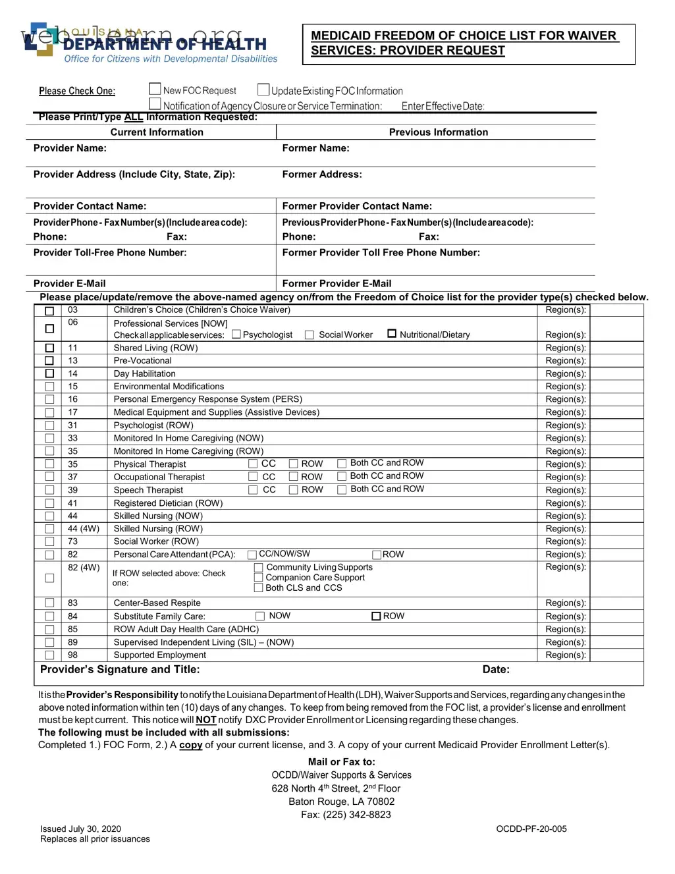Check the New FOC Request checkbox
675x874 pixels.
pos(155,89)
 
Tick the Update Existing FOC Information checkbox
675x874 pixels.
pos(263,90)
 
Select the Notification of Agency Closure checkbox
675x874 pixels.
pos(155,104)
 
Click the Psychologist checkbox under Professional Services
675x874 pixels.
pos(236,335)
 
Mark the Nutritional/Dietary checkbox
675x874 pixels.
pos(392,334)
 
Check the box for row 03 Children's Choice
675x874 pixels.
pos(49,311)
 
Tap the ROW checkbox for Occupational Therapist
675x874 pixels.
pos(294,477)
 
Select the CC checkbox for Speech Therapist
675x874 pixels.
pos(253,490)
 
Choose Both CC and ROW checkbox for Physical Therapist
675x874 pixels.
pos(342,464)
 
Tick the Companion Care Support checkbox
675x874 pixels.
pos(259,578)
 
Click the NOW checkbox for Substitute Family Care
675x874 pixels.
pos(260,616)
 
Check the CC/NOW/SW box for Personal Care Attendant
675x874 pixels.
pos(252,555)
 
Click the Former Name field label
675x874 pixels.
pos(315,148)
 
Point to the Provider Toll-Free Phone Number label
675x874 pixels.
pos(110,253)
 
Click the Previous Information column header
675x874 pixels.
pos(438,132)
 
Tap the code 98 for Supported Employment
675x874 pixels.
pos(72,655)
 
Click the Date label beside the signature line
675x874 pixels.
pos(496,670)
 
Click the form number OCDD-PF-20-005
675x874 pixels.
pos(531,829)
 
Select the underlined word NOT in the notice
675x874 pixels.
pos(205,720)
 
